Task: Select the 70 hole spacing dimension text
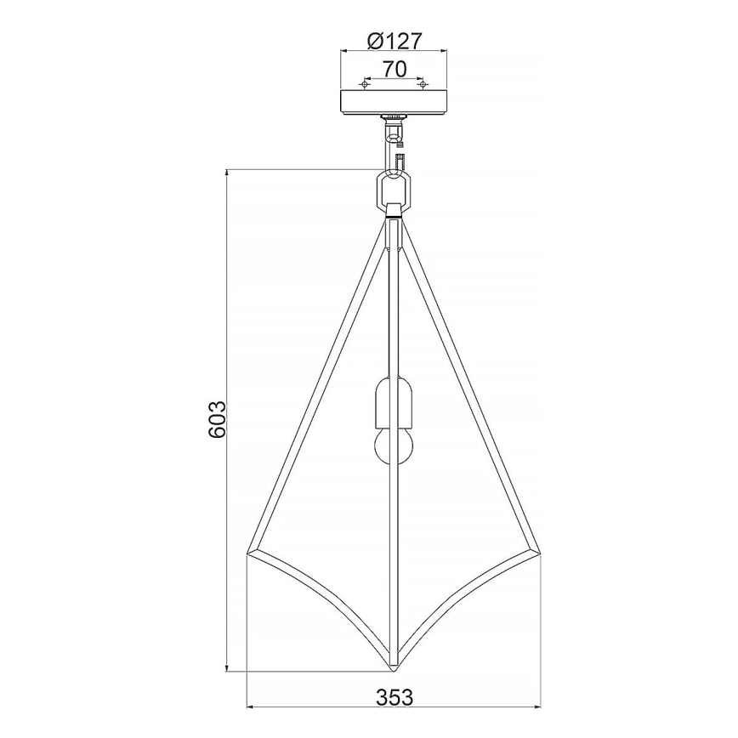(x=394, y=69)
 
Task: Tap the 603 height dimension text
(x=217, y=418)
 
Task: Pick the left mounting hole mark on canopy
(x=366, y=83)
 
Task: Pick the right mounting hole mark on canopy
(x=421, y=83)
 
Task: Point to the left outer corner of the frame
(x=249, y=553)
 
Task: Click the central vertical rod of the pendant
(x=393, y=323)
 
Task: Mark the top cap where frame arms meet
(x=393, y=212)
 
